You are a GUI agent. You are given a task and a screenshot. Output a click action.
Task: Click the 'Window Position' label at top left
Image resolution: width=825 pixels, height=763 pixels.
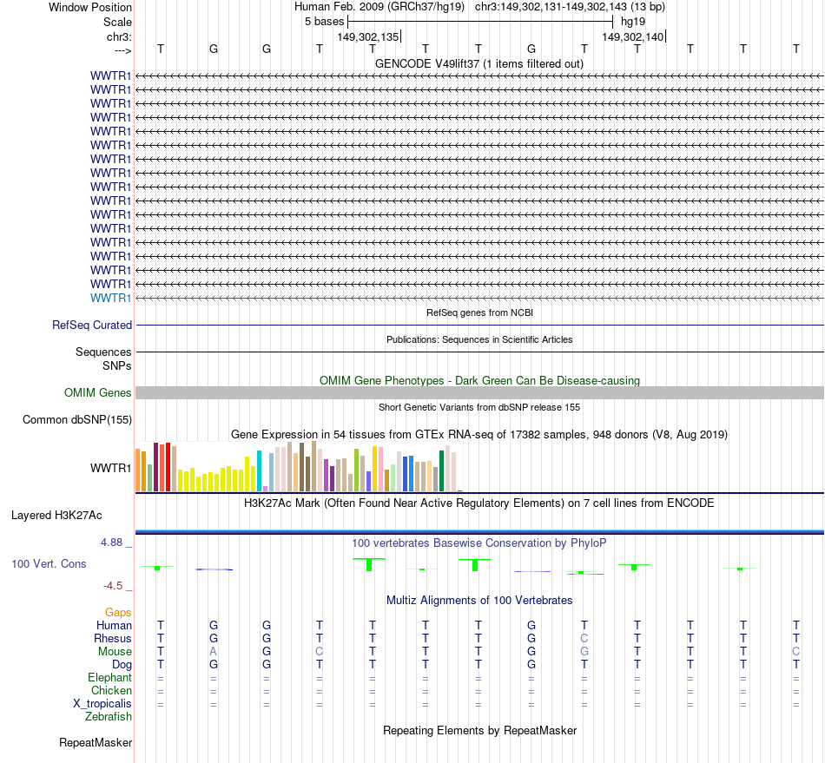[90, 7]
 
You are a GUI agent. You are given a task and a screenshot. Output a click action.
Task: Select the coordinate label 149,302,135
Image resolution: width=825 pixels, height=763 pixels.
[368, 36]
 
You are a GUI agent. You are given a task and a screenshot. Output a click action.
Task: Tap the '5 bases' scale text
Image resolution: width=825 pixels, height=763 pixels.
[324, 22]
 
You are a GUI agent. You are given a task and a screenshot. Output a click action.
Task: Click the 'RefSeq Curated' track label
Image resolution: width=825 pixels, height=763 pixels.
[92, 326]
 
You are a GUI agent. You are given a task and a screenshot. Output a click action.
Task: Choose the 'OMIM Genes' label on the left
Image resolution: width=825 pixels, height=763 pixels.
[98, 393]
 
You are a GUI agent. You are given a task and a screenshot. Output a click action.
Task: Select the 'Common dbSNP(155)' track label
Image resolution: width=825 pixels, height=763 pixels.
[76, 420]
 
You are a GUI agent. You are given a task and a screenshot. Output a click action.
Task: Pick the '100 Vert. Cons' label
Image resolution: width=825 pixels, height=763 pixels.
[49, 564]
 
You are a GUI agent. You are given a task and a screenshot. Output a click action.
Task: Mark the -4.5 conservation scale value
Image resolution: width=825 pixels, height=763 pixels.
[115, 586]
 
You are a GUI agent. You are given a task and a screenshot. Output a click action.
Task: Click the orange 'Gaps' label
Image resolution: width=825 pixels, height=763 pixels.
[118, 612]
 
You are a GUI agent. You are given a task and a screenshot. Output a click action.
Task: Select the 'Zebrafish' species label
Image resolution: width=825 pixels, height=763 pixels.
[109, 716]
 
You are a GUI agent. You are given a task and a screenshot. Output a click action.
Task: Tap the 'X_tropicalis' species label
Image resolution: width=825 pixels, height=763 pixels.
[102, 703]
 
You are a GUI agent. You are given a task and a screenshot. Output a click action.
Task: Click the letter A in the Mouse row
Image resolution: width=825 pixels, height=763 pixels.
[213, 651]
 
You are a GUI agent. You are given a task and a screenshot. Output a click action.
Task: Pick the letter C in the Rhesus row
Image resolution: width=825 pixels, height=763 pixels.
[584, 638]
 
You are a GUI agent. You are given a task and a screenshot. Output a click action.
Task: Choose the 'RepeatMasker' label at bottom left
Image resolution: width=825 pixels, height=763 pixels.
[96, 743]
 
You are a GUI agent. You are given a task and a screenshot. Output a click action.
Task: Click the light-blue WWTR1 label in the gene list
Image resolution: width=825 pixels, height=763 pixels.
[110, 298]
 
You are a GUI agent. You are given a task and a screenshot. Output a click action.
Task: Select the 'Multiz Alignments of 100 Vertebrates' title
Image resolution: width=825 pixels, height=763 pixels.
[479, 600]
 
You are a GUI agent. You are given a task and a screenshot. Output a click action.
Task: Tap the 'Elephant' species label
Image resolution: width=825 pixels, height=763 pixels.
[109, 677]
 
